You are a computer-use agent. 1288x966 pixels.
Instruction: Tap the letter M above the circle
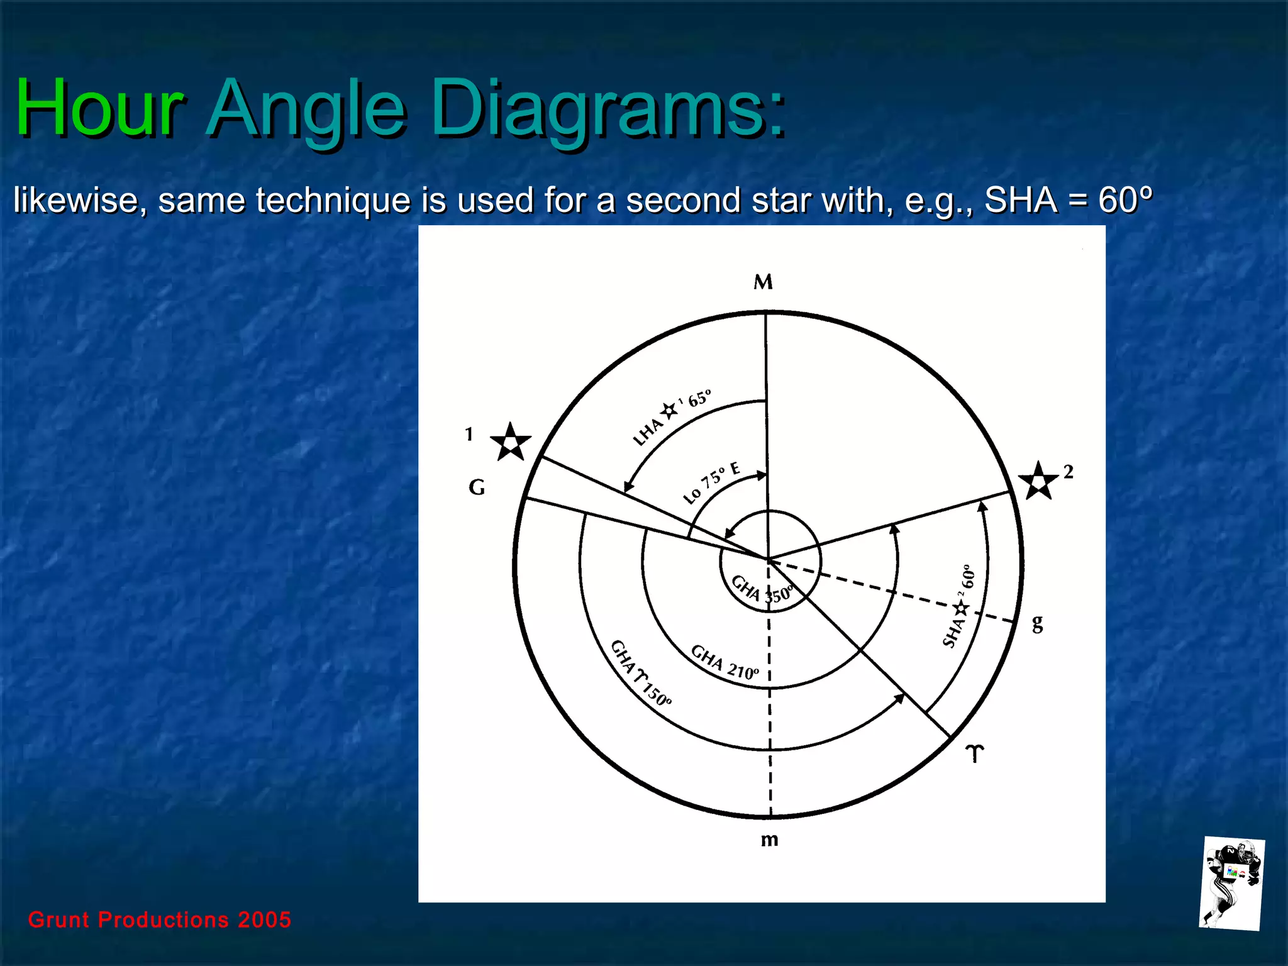[763, 282]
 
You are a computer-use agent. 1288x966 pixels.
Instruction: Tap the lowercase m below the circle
[769, 840]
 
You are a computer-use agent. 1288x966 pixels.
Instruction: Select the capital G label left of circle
[477, 487]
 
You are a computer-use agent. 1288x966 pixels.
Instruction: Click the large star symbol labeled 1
[510, 442]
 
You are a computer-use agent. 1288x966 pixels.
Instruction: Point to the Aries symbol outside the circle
[974, 753]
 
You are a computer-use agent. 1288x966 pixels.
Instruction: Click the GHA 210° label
[724, 662]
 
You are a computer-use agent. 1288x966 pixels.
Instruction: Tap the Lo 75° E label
[711, 482]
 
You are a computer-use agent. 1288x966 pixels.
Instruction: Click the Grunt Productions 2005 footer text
[160, 919]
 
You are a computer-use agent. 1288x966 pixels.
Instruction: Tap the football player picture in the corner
[1231, 884]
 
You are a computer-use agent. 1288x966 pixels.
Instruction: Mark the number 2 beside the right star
[1068, 472]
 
